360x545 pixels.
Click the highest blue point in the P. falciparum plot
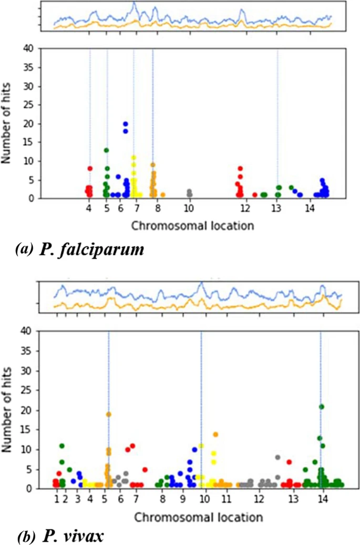click(x=126, y=124)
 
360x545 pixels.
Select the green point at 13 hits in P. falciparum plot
click(x=106, y=150)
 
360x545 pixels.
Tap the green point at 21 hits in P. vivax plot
click(x=322, y=406)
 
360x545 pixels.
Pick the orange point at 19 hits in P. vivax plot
click(x=109, y=414)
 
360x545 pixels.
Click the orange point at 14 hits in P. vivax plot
click(x=215, y=434)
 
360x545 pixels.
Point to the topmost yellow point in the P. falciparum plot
click(x=134, y=158)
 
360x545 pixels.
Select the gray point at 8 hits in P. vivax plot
click(x=277, y=457)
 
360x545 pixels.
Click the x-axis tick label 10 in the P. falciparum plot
click(x=189, y=209)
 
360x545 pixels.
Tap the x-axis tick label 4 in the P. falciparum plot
click(x=89, y=209)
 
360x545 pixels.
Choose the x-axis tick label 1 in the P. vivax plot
click(x=57, y=498)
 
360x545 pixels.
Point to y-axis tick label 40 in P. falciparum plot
click(x=29, y=49)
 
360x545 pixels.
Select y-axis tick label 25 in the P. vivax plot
click(x=29, y=390)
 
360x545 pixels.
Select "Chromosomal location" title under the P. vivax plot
click(x=198, y=517)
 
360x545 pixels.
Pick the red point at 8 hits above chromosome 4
click(x=90, y=169)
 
